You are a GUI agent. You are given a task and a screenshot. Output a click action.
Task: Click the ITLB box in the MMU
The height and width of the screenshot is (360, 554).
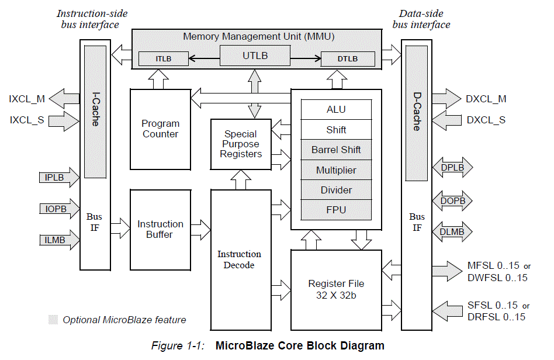pos(162,58)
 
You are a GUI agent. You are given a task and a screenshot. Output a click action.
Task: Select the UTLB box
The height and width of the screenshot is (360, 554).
pos(255,56)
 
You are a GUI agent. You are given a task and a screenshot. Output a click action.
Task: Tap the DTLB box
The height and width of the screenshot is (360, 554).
pos(347,58)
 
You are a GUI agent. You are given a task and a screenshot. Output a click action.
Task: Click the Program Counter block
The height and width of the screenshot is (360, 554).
pos(160,129)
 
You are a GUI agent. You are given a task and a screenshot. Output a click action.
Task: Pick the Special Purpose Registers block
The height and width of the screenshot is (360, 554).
pos(241,144)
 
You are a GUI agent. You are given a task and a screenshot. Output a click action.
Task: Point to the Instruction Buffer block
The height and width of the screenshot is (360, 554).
pos(160,229)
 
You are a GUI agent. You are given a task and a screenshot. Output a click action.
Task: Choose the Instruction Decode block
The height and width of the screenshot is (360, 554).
pos(239,259)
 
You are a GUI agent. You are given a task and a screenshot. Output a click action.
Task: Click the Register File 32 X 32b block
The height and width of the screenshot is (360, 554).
pos(336,289)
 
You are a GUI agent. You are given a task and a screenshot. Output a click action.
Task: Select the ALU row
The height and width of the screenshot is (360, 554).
pos(336,109)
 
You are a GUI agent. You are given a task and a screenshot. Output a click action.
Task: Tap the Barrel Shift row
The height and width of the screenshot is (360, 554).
pos(336,150)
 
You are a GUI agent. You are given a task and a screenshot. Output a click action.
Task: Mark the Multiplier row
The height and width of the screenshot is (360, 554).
pos(336,170)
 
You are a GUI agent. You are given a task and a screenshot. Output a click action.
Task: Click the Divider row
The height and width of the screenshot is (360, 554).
pos(336,190)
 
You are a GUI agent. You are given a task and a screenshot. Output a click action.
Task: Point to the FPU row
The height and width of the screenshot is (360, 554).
pos(336,210)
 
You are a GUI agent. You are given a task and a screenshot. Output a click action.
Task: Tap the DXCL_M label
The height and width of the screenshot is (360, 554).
pos(486,99)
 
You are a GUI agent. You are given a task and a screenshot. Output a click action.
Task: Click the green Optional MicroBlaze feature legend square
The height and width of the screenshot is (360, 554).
pos(53,320)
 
